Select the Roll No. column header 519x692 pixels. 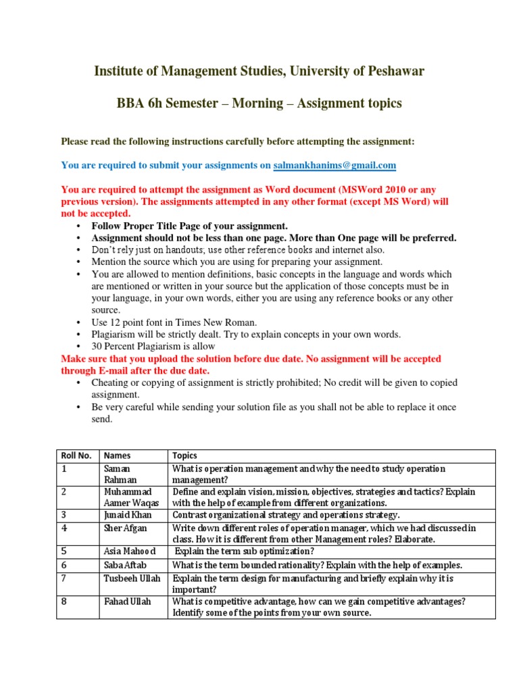pyautogui.click(x=76, y=455)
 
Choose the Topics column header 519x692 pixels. pyautogui.click(x=185, y=455)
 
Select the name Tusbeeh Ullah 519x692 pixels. pyautogui.click(x=132, y=578)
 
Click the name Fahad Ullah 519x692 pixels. pyautogui.click(x=127, y=601)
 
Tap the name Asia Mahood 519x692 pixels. pyautogui.click(x=130, y=551)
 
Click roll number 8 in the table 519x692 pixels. pyautogui.click(x=64, y=601)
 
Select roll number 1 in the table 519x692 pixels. pyautogui.click(x=64, y=468)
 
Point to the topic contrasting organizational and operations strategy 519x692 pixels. pyautogui.click(x=287, y=515)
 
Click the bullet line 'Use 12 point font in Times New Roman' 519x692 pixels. pyautogui.click(x=174, y=322)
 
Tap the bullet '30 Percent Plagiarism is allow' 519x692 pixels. pyautogui.click(x=154, y=346)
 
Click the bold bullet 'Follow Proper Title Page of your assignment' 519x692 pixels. pyautogui.click(x=190, y=226)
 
